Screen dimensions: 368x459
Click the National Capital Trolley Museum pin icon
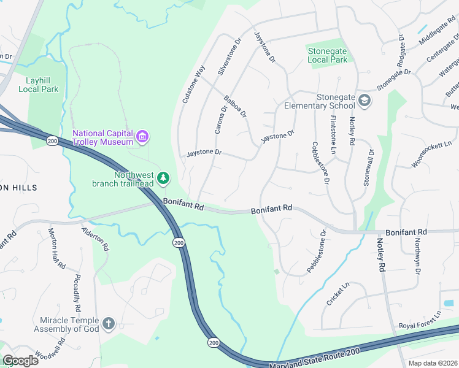[x=143, y=136]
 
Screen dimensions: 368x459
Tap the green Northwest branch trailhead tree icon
[x=163, y=178]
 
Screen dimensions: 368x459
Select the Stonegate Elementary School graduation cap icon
[x=364, y=101]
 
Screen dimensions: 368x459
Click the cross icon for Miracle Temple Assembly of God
[x=109, y=324]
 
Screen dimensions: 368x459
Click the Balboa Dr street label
[x=234, y=105]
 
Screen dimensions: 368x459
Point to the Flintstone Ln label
[x=333, y=134]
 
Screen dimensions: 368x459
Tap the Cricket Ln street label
[x=337, y=294]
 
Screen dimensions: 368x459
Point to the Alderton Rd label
[x=96, y=239]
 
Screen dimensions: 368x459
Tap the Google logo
[x=20, y=361]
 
